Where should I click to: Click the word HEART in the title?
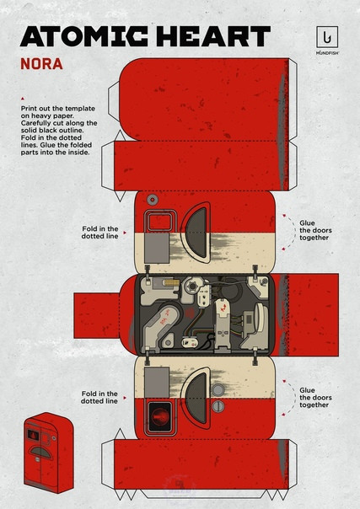click(x=213, y=36)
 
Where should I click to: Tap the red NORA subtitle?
click(x=41, y=64)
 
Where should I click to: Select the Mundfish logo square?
click(x=327, y=37)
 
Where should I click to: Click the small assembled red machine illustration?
click(x=49, y=453)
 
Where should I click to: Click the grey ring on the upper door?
click(x=153, y=200)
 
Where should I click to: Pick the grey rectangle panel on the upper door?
click(x=157, y=248)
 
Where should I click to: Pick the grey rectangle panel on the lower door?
click(x=157, y=383)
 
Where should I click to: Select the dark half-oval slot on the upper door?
click(x=196, y=233)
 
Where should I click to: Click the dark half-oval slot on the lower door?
click(x=196, y=398)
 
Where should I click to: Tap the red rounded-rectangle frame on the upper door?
click(x=159, y=221)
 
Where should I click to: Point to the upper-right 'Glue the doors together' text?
click(x=315, y=230)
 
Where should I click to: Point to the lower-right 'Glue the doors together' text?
click(x=315, y=397)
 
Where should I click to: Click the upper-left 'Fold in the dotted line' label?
click(x=99, y=233)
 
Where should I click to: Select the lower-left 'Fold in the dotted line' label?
click(x=99, y=397)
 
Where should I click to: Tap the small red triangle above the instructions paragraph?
click(x=23, y=99)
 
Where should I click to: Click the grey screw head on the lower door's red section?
click(x=218, y=406)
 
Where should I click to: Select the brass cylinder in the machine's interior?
click(x=172, y=283)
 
